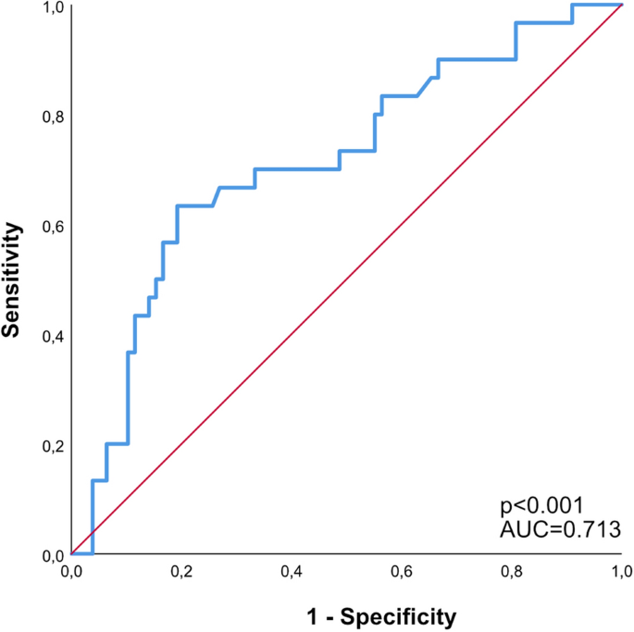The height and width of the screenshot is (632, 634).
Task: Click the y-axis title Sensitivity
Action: (12, 279)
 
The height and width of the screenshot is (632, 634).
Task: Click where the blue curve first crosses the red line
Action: (93, 534)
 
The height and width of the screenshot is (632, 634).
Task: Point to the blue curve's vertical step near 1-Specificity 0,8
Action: (516, 42)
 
